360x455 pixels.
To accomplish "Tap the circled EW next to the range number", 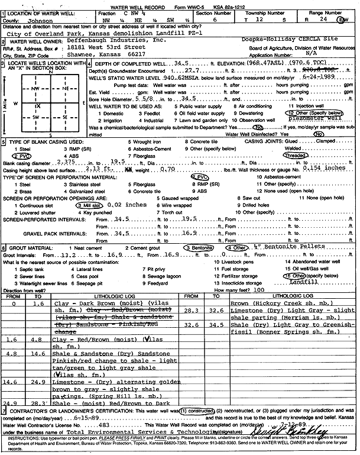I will point(343,18).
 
